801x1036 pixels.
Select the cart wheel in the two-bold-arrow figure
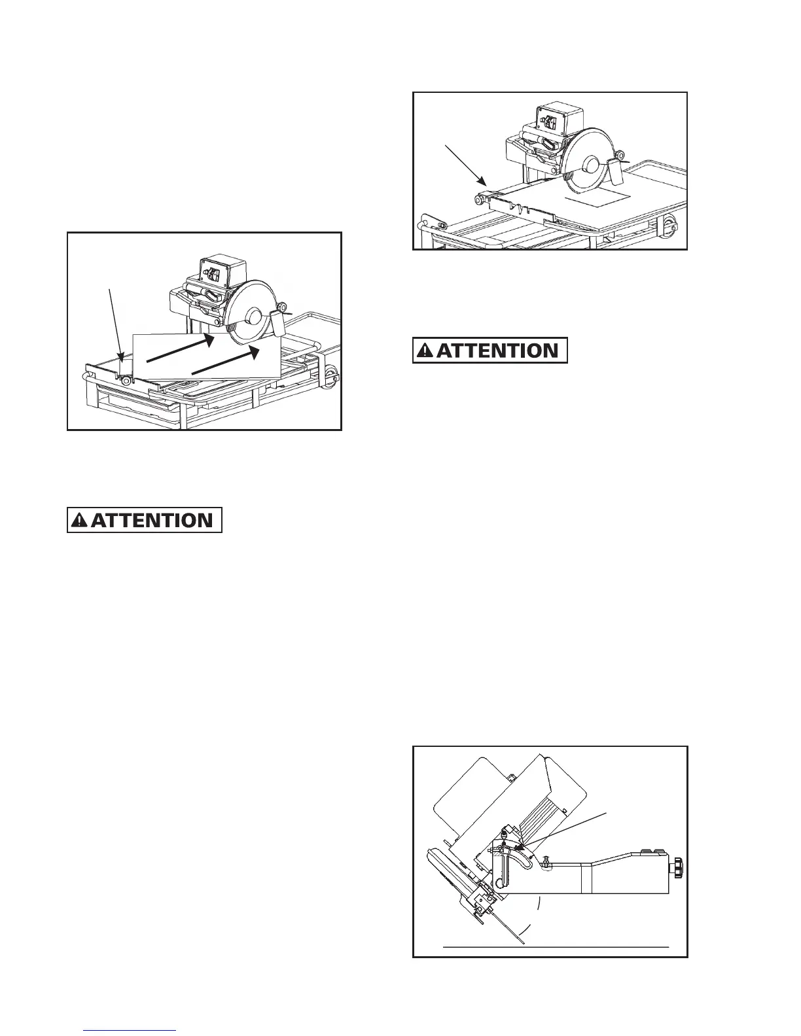point(332,375)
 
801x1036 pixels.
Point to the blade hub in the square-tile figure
point(590,165)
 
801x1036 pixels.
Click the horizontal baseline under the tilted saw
point(556,946)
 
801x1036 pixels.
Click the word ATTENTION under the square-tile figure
point(497,350)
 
